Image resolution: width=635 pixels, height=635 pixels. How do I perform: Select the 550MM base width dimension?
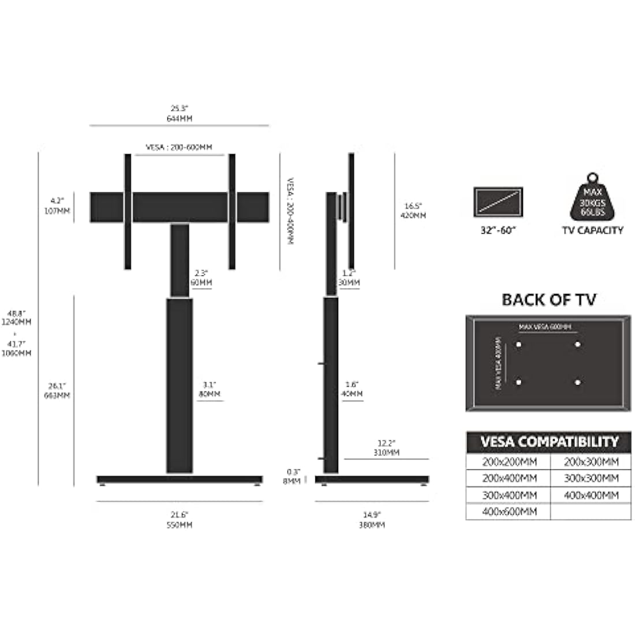click(179, 525)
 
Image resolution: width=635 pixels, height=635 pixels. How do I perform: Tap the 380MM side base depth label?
click(372, 525)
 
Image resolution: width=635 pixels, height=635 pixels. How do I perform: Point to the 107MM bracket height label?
click(59, 211)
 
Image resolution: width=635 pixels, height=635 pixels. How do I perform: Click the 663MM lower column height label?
click(59, 395)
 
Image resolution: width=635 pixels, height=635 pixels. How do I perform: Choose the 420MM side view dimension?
click(414, 215)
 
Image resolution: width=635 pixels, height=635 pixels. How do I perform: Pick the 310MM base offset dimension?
click(386, 453)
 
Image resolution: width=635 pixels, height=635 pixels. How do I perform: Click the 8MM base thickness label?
click(292, 480)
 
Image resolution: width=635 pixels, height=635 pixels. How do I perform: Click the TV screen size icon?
click(498, 201)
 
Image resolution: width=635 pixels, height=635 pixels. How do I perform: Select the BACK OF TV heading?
click(548, 300)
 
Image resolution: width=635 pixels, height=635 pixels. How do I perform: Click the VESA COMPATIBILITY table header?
click(548, 442)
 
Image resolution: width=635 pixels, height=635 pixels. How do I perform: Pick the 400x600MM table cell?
click(509, 511)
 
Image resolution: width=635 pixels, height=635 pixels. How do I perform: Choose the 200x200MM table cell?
click(509, 462)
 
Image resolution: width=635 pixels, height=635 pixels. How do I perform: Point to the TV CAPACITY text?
click(592, 230)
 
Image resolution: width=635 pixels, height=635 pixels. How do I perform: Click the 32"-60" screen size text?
click(498, 230)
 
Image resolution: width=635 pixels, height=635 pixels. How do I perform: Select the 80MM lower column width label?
click(210, 394)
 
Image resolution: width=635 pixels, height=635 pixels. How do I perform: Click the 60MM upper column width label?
click(201, 283)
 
